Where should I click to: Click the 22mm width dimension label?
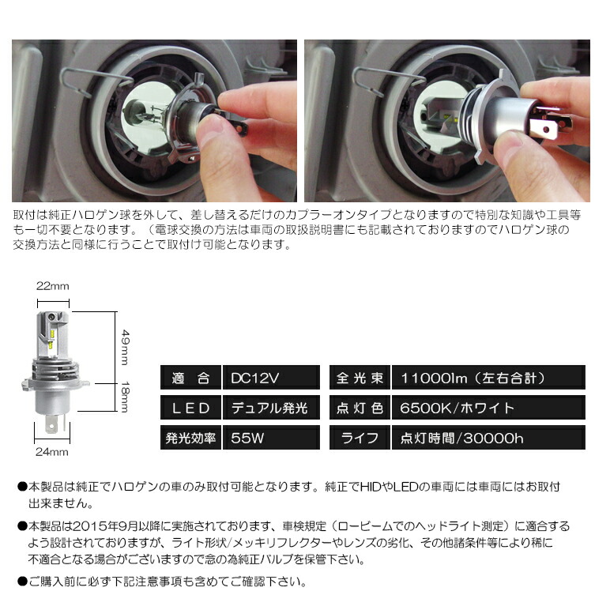(51, 285)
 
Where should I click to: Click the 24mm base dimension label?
(52, 452)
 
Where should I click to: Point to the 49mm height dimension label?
(124, 344)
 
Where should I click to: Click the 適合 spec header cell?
(190, 378)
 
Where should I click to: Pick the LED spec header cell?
(190, 408)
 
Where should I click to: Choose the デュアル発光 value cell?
(269, 408)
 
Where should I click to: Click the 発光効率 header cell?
(190, 437)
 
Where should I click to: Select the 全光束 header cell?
(360, 378)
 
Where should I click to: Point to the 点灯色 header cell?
(360, 408)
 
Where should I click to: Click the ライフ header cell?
(360, 437)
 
